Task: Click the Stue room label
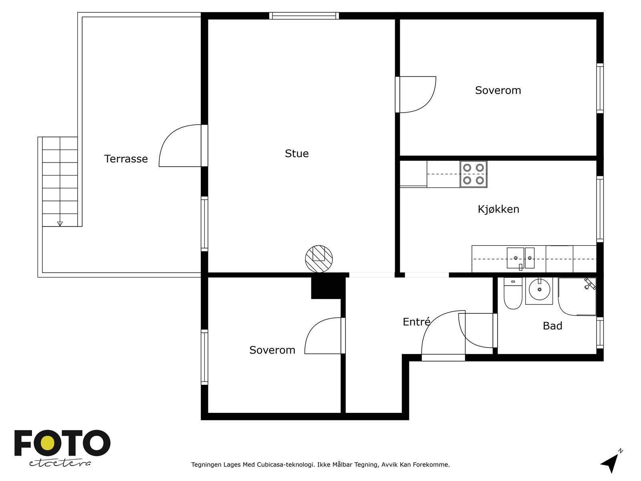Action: [297, 154]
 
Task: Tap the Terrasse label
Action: [126, 159]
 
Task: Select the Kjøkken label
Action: [498, 209]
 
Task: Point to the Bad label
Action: [552, 325]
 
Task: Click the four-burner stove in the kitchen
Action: [474, 174]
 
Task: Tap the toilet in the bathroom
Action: [513, 293]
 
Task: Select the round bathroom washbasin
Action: [539, 291]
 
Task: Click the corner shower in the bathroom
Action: [577, 297]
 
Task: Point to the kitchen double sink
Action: [520, 258]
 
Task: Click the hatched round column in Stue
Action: [318, 259]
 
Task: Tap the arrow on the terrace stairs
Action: [60, 224]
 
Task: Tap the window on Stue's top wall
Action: [304, 16]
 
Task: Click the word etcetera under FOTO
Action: [60, 463]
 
